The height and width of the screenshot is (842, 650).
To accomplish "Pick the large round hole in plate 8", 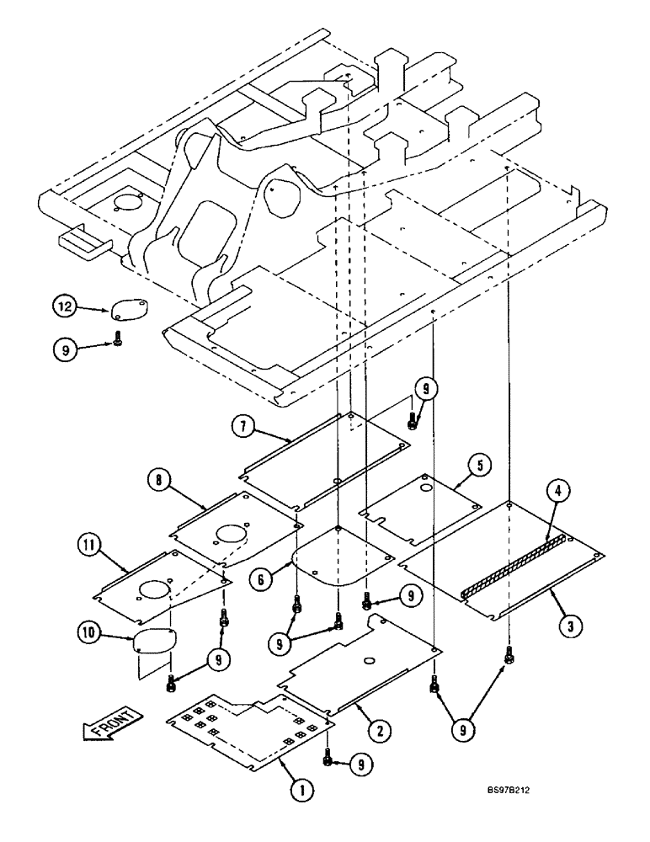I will pyautogui.click(x=230, y=534).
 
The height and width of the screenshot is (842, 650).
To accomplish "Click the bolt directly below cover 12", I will pyautogui.click(x=117, y=342).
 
